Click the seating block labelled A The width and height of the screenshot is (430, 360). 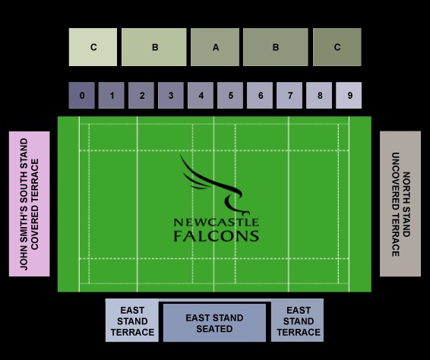(x=215, y=47)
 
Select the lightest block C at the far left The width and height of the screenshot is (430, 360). (x=93, y=47)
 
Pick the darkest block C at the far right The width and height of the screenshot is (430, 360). (x=337, y=47)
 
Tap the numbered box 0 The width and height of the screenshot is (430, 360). (x=82, y=95)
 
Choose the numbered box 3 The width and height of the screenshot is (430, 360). (x=171, y=95)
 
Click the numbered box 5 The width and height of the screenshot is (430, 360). (x=230, y=95)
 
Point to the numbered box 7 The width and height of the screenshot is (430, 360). (x=289, y=95)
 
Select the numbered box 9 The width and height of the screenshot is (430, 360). (x=349, y=95)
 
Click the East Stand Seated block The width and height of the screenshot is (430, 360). (x=214, y=323)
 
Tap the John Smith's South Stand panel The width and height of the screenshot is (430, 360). (x=30, y=204)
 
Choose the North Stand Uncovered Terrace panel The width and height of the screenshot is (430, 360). (x=400, y=204)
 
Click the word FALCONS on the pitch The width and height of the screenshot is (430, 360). (x=217, y=236)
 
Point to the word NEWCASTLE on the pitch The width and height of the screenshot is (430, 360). (x=217, y=222)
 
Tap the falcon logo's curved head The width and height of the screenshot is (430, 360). (x=233, y=202)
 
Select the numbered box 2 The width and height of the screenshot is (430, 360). (x=141, y=95)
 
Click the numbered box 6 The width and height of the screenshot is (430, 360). (x=260, y=95)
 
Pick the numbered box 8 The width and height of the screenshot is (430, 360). (x=319, y=95)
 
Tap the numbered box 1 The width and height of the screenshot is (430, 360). (x=112, y=95)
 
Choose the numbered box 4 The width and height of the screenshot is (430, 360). (x=201, y=95)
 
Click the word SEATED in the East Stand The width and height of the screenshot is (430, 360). (x=214, y=329)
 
